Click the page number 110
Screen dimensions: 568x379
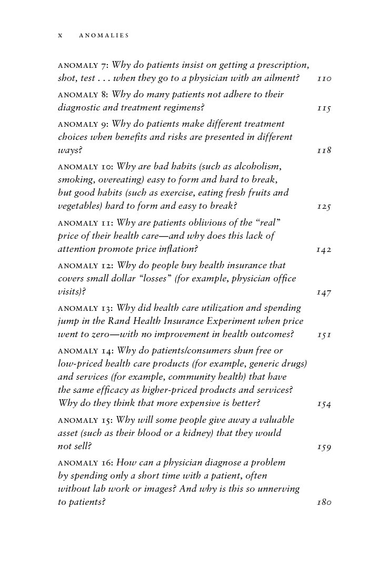(324, 79)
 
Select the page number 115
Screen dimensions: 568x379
(324, 108)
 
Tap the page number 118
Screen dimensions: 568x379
(324, 151)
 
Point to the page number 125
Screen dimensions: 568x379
(324, 207)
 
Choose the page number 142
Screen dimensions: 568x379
(324, 249)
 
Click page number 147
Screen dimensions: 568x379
(324, 292)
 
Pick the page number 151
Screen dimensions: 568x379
(324, 335)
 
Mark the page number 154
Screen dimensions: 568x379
(324, 404)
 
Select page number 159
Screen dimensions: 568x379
(324, 447)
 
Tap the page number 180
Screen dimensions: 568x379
(324, 503)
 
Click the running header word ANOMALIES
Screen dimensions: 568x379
(104, 36)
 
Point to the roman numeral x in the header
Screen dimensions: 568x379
(60, 36)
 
